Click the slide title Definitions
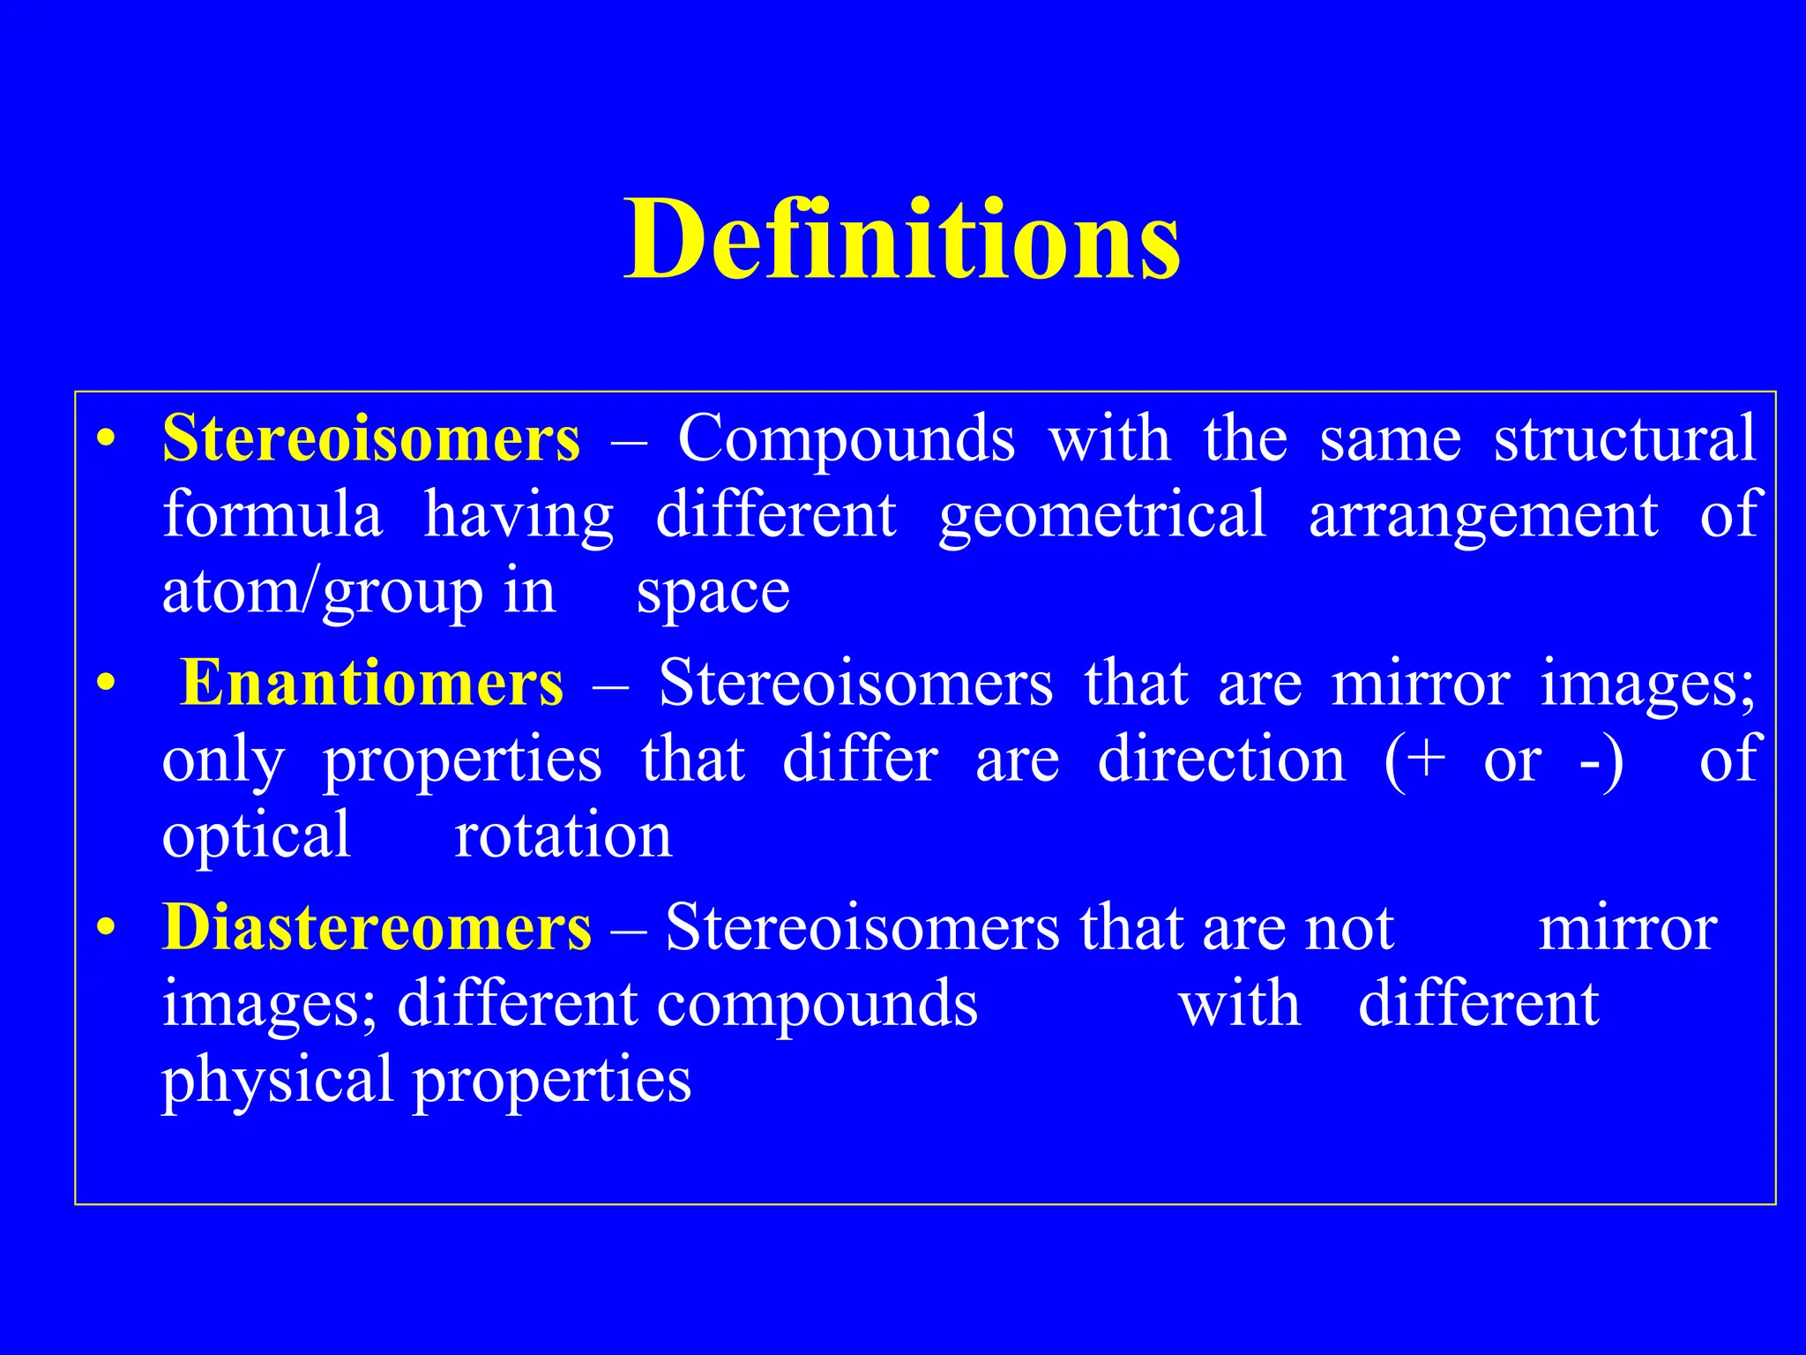click(901, 240)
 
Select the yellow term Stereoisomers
click(371, 438)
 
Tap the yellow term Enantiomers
click(371, 684)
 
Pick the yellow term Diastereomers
click(377, 928)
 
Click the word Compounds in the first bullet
click(846, 438)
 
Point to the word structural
click(1624, 438)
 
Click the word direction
click(1221, 760)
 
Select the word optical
click(257, 836)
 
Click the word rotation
click(563, 836)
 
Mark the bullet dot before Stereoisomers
click(106, 439)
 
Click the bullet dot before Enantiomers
click(106, 684)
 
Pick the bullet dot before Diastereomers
click(106, 929)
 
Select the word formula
click(272, 515)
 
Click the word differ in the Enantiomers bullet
click(860, 760)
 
